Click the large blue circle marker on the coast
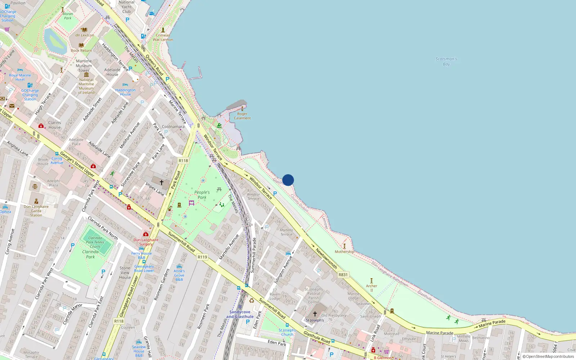tap(288, 180)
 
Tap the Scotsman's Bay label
tap(446, 62)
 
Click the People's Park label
tap(202, 195)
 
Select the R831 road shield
tap(343, 275)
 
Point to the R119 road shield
tap(202, 257)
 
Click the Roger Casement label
tap(242, 116)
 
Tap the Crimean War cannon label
tap(163, 37)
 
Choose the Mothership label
tap(344, 252)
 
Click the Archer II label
tap(372, 288)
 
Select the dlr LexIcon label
tap(85, 35)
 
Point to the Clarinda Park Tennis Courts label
tap(95, 242)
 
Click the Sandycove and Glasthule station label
tap(240, 314)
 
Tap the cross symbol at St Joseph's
tap(315, 314)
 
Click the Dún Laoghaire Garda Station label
tap(36, 211)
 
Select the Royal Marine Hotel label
tap(20, 77)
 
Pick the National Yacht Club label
tap(127, 7)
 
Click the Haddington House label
tap(125, 92)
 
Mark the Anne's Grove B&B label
tap(179, 275)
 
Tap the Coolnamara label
tap(173, 127)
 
